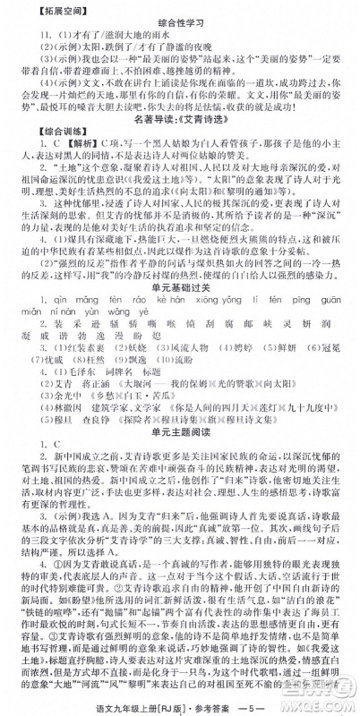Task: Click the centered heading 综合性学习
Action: [x=180, y=22]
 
